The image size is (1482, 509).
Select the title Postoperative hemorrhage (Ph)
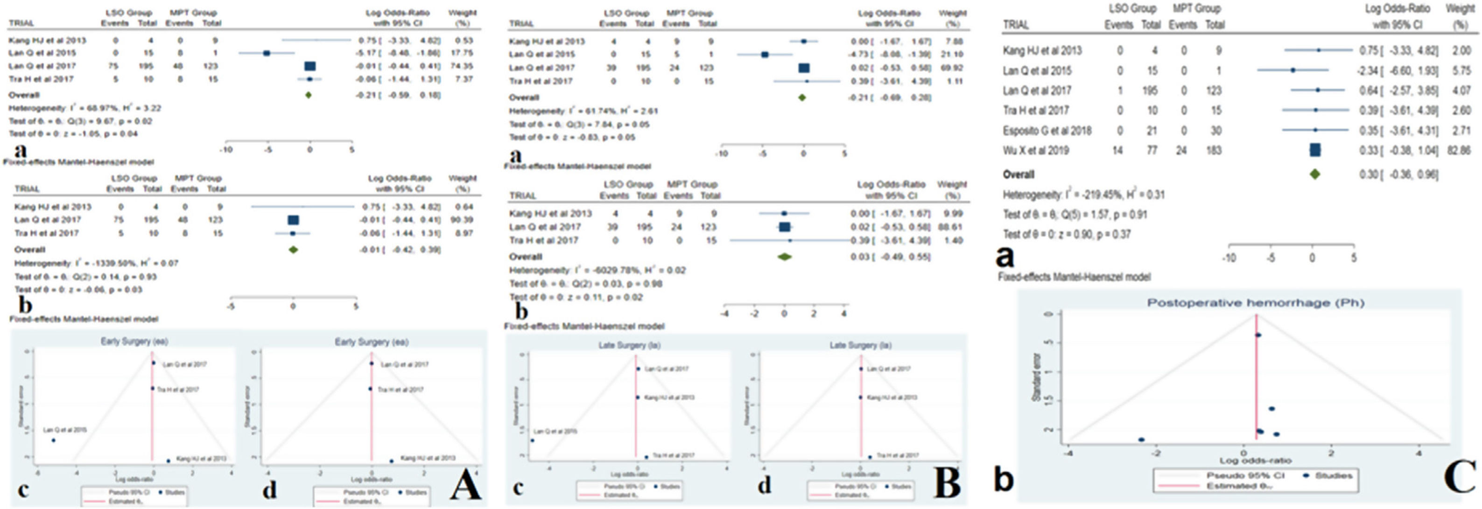[1256, 302]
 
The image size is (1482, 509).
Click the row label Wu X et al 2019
[1036, 151]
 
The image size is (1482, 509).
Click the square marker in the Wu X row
[1314, 151]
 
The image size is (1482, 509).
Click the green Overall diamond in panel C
[1314, 174]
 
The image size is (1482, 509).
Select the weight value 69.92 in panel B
[952, 68]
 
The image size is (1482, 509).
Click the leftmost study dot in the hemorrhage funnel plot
[1141, 439]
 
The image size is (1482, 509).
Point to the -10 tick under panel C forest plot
[1229, 258]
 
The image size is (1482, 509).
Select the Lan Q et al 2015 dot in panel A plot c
[54, 440]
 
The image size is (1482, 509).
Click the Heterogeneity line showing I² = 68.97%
[84, 108]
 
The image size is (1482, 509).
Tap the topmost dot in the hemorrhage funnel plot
[1258, 335]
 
